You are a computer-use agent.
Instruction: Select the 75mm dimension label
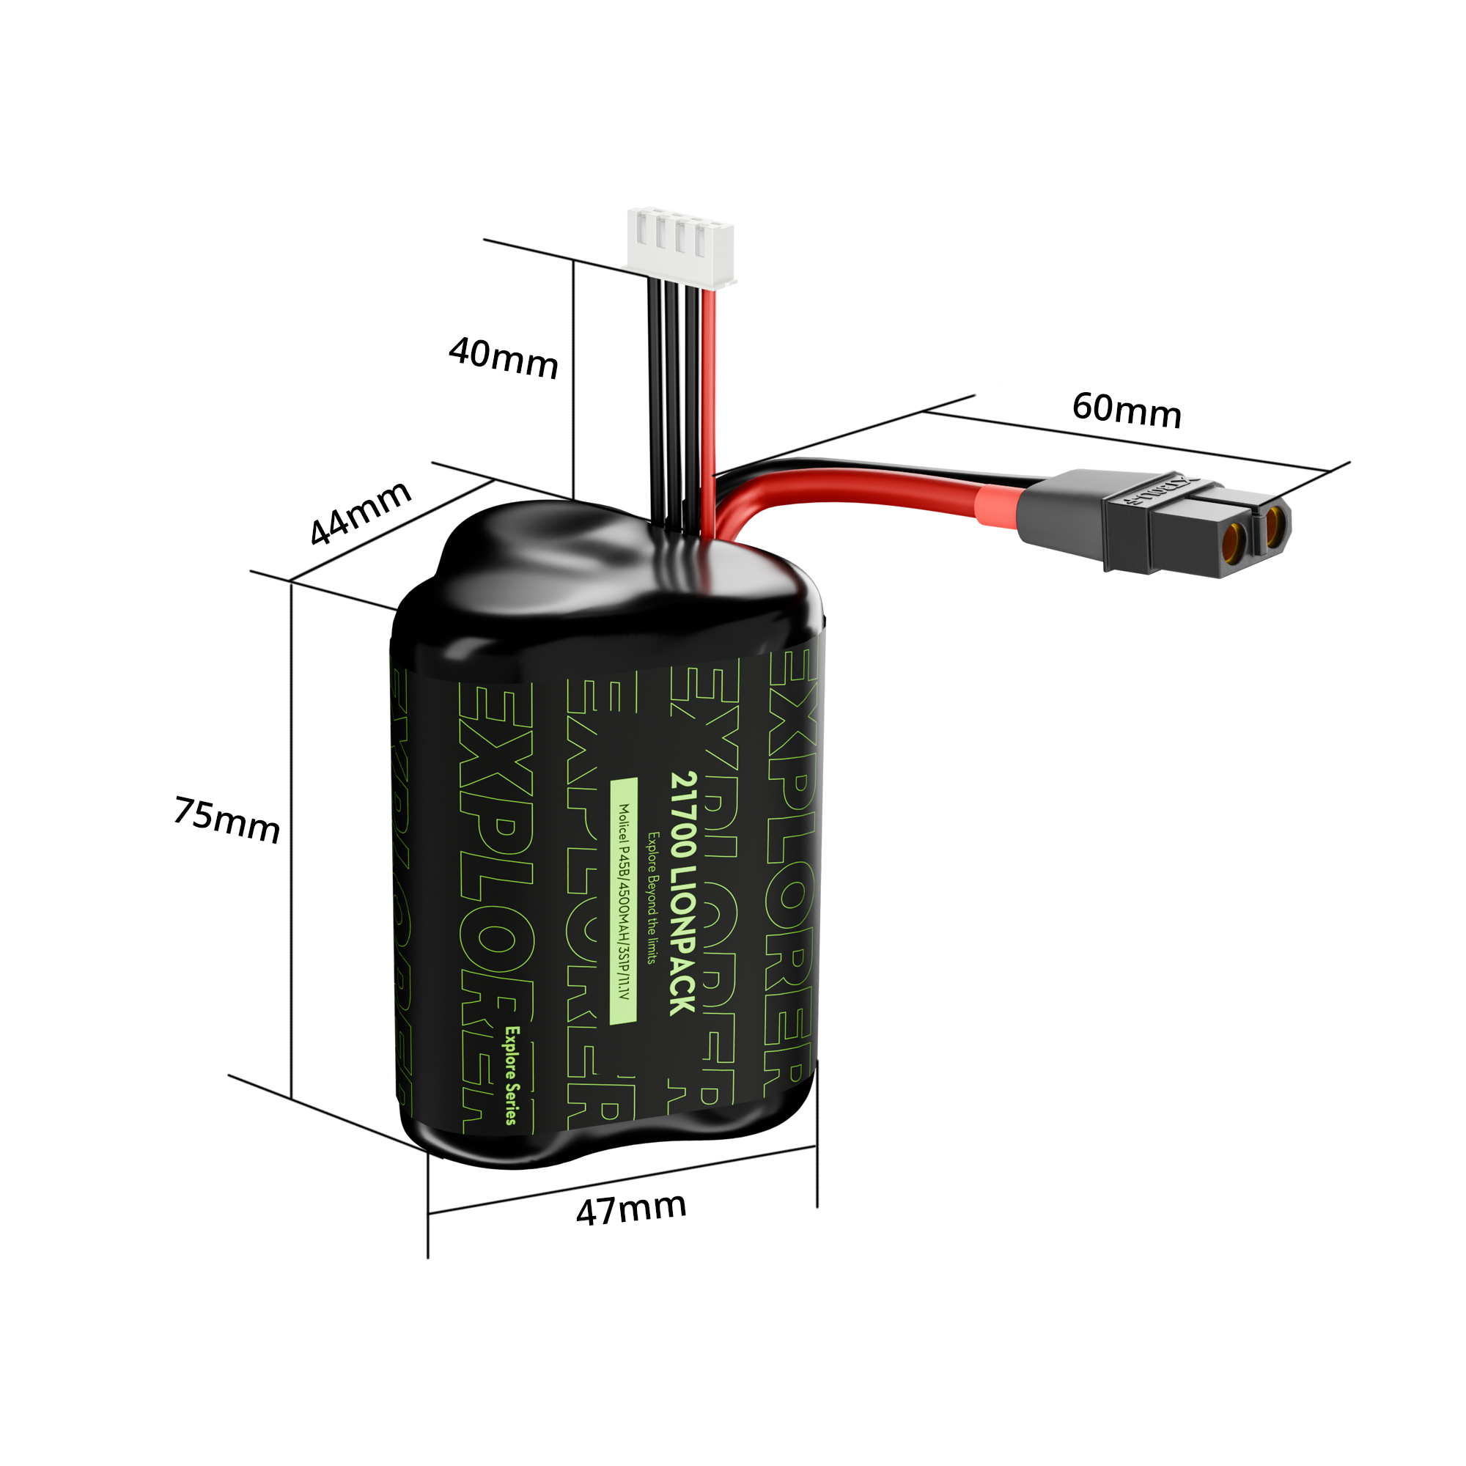227,820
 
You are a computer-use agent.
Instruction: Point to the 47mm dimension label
630,1209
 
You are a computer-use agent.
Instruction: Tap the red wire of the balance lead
710,394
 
